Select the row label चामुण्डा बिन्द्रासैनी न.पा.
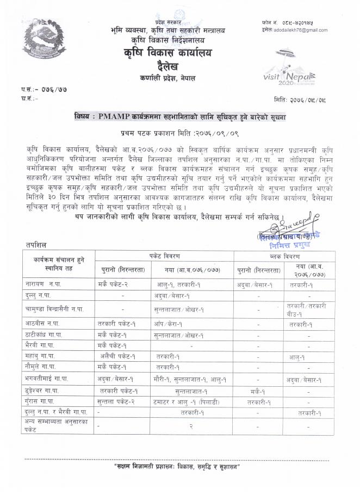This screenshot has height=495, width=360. pos(54,309)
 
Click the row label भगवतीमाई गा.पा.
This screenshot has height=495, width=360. pos(48,379)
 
